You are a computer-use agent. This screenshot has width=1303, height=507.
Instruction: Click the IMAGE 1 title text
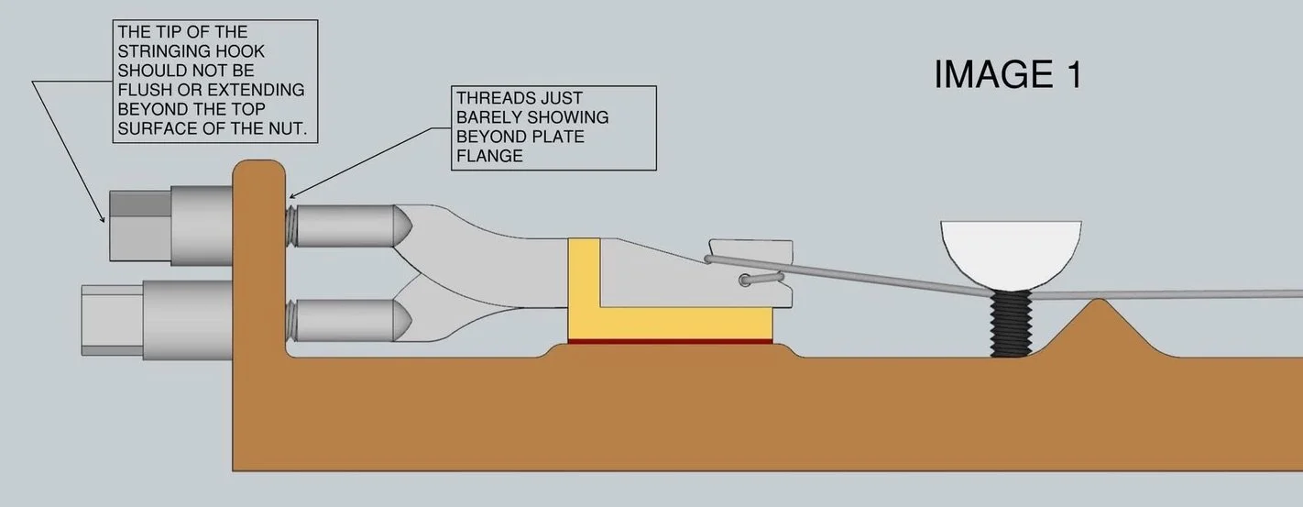point(1007,74)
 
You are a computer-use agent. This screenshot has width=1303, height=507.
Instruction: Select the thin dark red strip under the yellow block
point(669,341)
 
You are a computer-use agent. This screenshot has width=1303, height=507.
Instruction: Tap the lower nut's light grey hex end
point(109,319)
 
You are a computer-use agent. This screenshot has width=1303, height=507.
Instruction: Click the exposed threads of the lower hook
point(290,316)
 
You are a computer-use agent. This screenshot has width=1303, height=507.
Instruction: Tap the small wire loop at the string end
point(760,277)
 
